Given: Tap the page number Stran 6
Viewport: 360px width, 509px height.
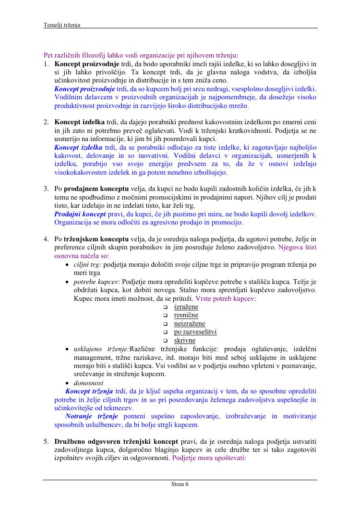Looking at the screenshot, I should point(180,484).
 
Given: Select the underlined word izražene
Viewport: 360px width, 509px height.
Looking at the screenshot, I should point(186,307).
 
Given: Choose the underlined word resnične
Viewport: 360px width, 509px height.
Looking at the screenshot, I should point(186,315).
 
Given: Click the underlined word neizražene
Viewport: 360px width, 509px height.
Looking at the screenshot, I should point(189,323).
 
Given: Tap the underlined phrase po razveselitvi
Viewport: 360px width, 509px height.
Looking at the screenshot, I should point(195,332).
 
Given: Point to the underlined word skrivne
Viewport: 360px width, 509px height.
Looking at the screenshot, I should point(184,341).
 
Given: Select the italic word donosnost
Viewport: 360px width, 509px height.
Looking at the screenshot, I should point(89,383).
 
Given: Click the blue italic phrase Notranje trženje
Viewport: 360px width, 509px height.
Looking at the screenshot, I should point(91,416).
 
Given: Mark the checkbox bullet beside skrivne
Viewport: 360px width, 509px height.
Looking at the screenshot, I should point(165,341).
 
